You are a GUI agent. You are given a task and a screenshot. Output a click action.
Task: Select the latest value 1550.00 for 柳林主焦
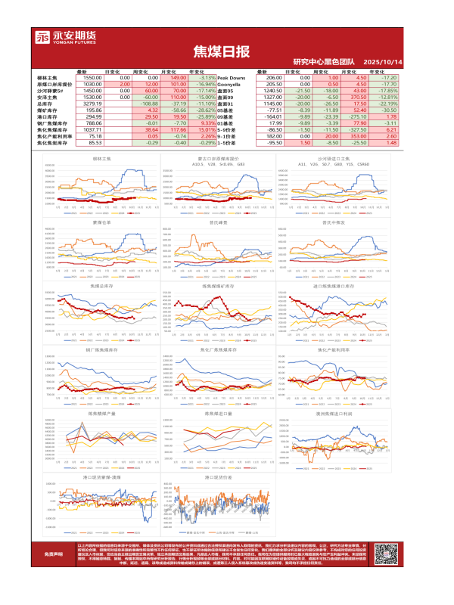click(92, 77)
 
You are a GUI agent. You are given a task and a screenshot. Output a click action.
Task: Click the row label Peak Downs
click(232, 77)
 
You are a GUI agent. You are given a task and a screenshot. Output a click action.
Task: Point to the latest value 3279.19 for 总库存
click(92, 103)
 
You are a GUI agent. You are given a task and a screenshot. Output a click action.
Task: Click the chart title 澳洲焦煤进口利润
click(334, 414)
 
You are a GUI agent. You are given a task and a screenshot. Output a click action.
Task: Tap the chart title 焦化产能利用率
click(334, 350)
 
